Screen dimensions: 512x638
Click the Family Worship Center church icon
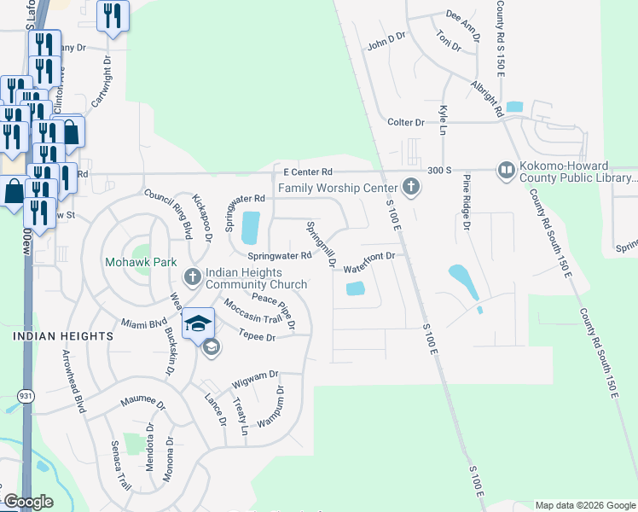[x=411, y=186]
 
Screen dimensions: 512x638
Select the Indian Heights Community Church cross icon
[x=193, y=276]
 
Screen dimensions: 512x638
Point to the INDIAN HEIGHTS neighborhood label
[x=63, y=337]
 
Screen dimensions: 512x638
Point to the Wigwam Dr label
[x=262, y=375]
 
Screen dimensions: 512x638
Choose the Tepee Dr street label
[x=258, y=337]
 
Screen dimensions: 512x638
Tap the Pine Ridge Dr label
[x=467, y=201]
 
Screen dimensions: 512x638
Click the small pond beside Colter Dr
[x=513, y=108]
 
